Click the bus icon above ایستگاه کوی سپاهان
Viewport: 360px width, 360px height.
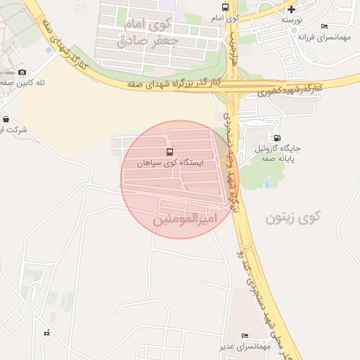pyautogui.click(x=169, y=152)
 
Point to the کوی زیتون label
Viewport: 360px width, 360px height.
pyautogui.click(x=292, y=218)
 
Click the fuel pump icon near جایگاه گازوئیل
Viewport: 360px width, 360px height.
pyautogui.click(x=278, y=138)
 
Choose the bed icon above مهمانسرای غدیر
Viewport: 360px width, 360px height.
pyautogui.click(x=245, y=335)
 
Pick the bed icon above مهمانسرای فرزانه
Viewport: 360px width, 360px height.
pyautogui.click(x=324, y=27)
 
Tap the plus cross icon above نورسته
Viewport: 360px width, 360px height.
pyautogui.click(x=291, y=9)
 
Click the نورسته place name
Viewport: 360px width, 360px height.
pyautogui.click(x=292, y=20)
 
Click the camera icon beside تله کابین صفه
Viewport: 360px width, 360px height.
pyautogui.click(x=22, y=72)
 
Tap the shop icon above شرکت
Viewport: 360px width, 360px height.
pyautogui.click(x=6, y=119)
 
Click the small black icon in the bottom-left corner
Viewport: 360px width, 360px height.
pyautogui.click(x=46, y=333)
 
